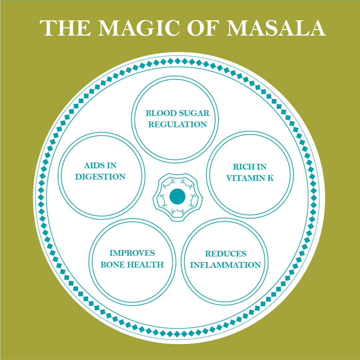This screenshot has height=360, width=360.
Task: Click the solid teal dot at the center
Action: click(x=178, y=196)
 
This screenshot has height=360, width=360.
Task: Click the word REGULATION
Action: click(x=178, y=125)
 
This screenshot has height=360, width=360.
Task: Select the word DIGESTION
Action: click(x=100, y=177)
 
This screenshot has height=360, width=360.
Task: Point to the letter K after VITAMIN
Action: click(x=270, y=178)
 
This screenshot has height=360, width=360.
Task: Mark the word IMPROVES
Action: click(x=132, y=253)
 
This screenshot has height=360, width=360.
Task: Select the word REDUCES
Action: click(x=225, y=254)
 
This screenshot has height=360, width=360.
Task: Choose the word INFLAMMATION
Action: click(x=225, y=265)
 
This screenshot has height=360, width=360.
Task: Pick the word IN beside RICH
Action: click(x=262, y=167)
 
